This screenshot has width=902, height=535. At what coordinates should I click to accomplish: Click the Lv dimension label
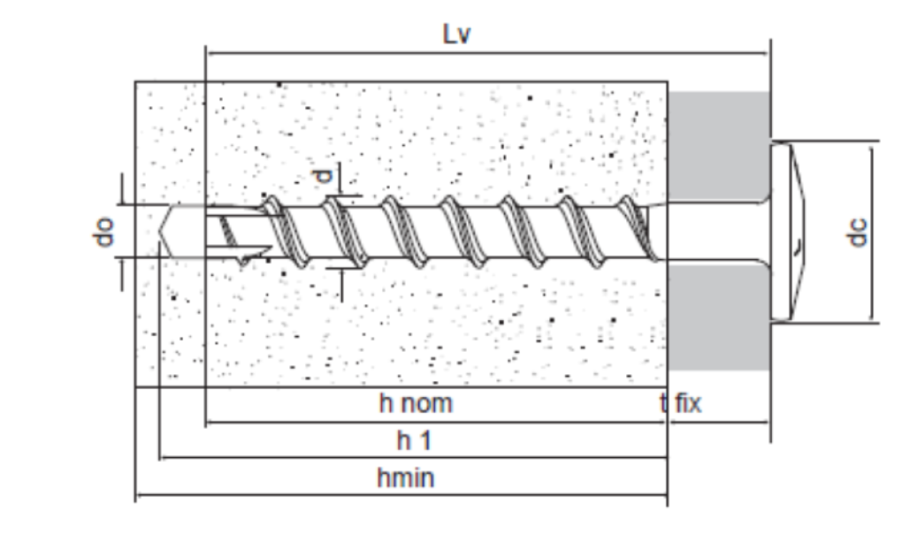[457, 34]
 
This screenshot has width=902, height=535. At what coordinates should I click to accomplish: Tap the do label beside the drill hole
[103, 232]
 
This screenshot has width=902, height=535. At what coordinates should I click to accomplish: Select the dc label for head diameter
[857, 232]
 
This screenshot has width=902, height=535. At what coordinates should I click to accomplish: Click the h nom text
[416, 403]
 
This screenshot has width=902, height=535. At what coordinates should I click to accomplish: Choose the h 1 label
[414, 440]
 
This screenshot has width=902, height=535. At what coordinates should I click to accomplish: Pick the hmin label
[405, 478]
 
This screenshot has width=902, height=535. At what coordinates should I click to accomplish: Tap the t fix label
[681, 403]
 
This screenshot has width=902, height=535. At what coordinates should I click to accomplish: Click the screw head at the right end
[788, 232]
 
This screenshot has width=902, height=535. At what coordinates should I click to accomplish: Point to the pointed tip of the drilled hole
[159, 231]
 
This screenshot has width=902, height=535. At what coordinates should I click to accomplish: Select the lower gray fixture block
[719, 317]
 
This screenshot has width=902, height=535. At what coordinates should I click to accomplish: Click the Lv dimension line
[486, 53]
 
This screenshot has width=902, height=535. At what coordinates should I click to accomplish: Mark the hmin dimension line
[401, 494]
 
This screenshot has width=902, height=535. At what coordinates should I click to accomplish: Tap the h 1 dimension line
[413, 458]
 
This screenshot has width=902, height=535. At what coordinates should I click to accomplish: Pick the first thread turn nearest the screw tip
[284, 232]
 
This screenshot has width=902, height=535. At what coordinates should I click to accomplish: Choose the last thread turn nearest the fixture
[638, 228]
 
